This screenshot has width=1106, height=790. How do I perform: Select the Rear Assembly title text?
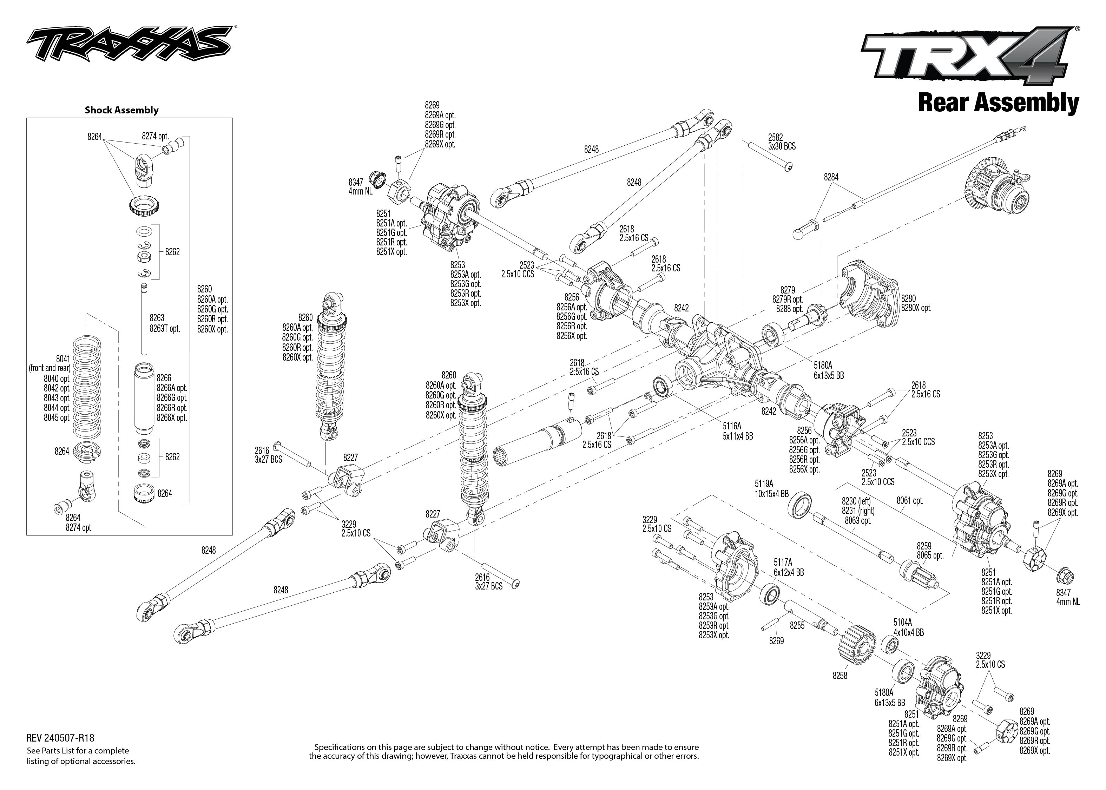click(x=998, y=103)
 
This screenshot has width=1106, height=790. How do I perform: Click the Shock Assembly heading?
click(x=121, y=110)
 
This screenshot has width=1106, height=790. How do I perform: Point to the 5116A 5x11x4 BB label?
click(x=737, y=432)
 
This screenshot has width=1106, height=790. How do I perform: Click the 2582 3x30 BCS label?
click(x=782, y=141)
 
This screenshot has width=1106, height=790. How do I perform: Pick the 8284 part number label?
click(x=831, y=178)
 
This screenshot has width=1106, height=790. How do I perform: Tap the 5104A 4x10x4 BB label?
click(x=908, y=627)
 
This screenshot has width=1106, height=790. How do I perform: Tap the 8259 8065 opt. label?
click(x=929, y=551)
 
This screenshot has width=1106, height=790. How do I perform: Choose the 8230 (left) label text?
click(x=856, y=501)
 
